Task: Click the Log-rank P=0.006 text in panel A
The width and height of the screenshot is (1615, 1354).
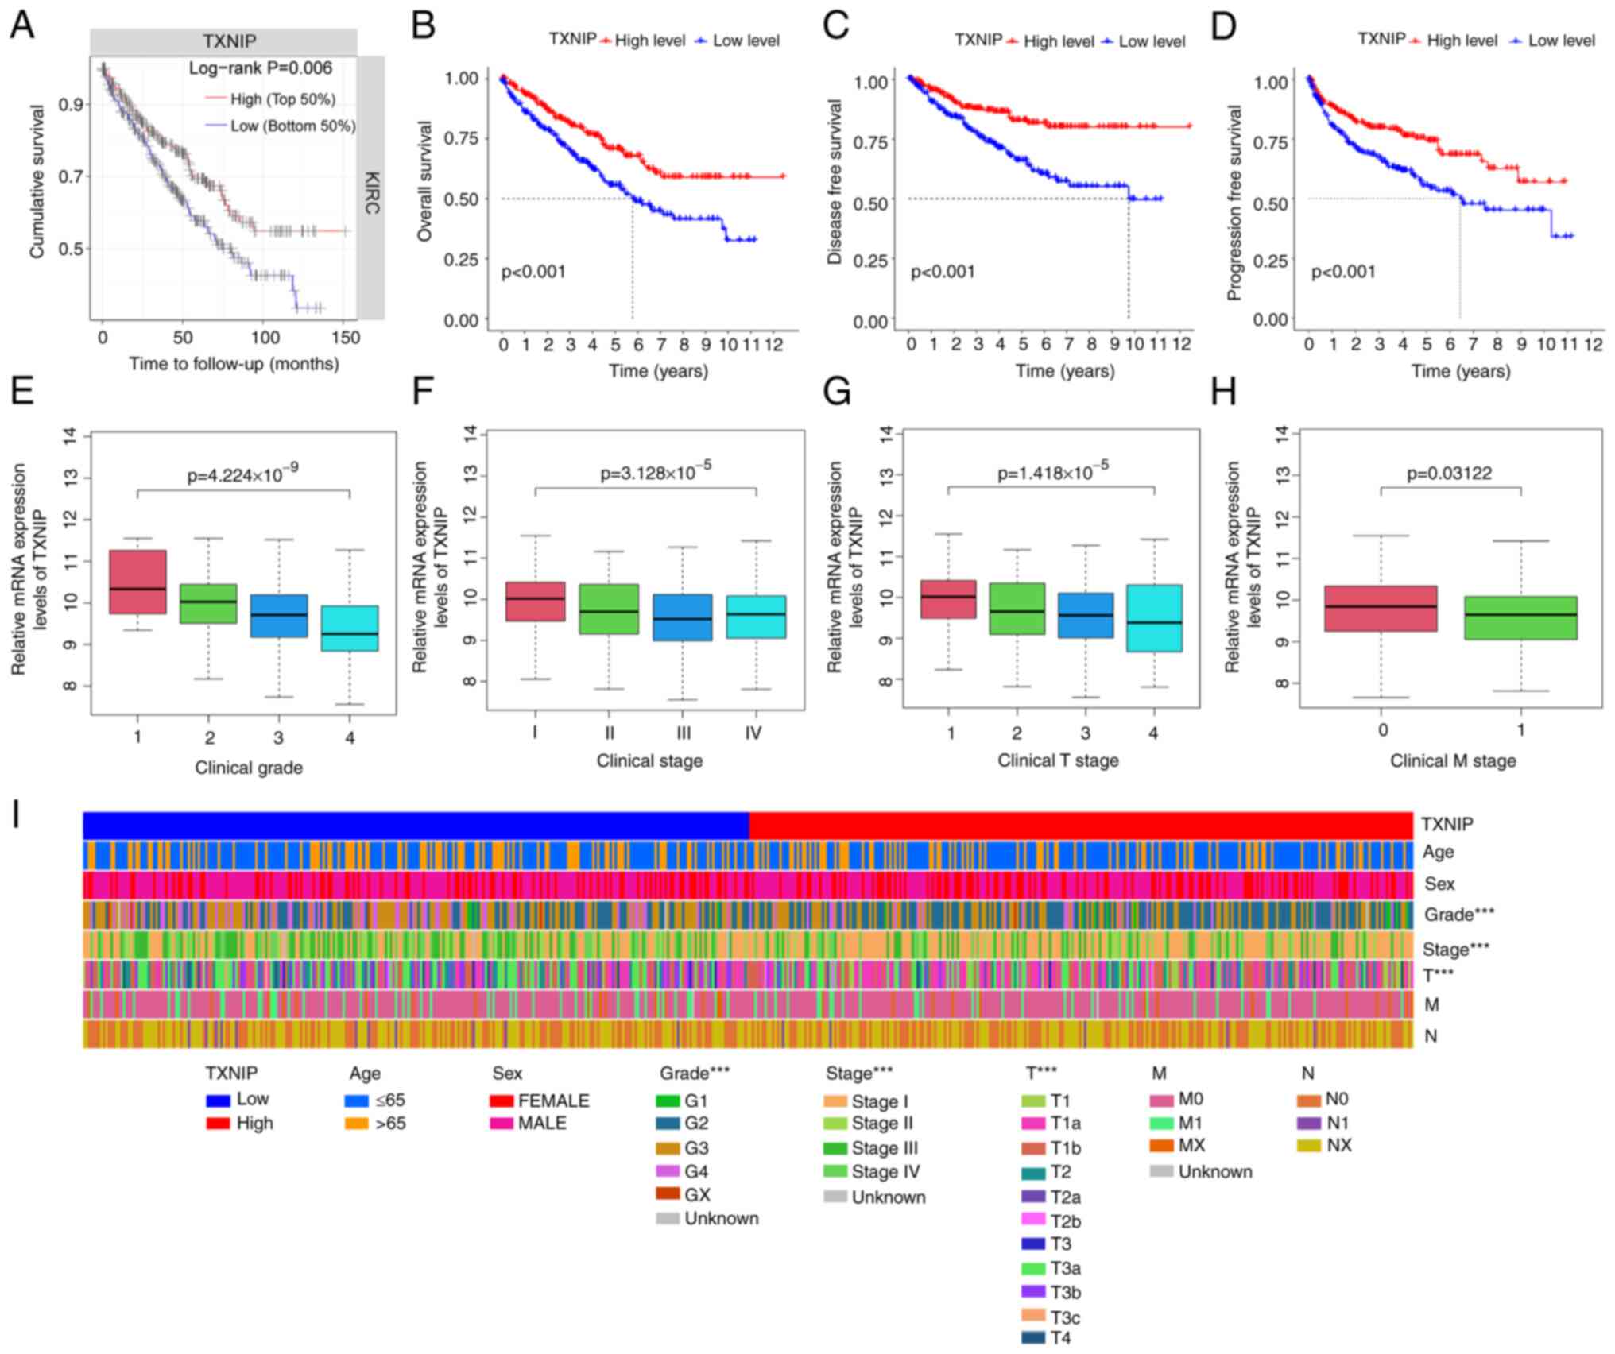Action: (260, 68)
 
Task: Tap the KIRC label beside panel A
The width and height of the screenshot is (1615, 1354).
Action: (371, 193)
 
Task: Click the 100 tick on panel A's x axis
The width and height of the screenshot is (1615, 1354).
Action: (265, 338)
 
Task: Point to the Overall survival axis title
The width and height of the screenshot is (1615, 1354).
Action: (424, 181)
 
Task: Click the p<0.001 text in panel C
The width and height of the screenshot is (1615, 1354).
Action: (943, 273)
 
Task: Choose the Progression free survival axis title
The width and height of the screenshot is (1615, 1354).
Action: (1234, 203)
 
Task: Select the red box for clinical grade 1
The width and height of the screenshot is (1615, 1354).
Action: (137, 582)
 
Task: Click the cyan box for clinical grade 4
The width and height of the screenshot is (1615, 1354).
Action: (350, 629)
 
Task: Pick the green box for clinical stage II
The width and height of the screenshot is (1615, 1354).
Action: (609, 609)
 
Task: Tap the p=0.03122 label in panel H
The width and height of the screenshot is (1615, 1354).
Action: (1449, 474)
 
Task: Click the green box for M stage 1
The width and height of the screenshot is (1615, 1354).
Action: (1520, 618)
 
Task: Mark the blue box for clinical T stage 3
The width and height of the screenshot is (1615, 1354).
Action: (1085, 615)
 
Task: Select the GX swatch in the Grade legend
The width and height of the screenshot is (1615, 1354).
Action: (668, 1194)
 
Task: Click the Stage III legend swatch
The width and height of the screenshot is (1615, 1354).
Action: (835, 1148)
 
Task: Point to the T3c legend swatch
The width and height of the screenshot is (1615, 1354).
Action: (1033, 1317)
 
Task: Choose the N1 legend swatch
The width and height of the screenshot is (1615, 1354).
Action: (1308, 1123)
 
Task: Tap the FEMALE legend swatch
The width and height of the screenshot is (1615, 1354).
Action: (502, 1101)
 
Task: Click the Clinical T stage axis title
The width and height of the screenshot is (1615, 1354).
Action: (1058, 761)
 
